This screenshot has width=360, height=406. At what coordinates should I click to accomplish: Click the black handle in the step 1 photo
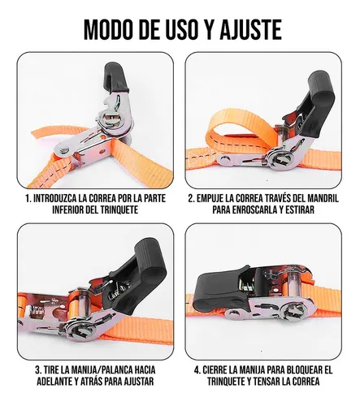(x=115, y=77)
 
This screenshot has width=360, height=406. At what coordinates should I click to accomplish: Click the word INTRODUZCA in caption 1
(x=54, y=198)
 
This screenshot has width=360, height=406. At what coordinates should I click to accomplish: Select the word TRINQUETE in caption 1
(x=119, y=209)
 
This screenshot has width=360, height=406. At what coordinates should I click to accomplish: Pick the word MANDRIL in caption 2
(x=323, y=198)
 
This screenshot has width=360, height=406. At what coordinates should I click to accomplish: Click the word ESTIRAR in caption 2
(x=300, y=209)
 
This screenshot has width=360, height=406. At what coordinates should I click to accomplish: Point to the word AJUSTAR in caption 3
(x=138, y=382)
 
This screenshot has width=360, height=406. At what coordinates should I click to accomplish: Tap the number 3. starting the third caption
(x=38, y=369)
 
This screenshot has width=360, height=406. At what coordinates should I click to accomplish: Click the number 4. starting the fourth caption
(x=197, y=369)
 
